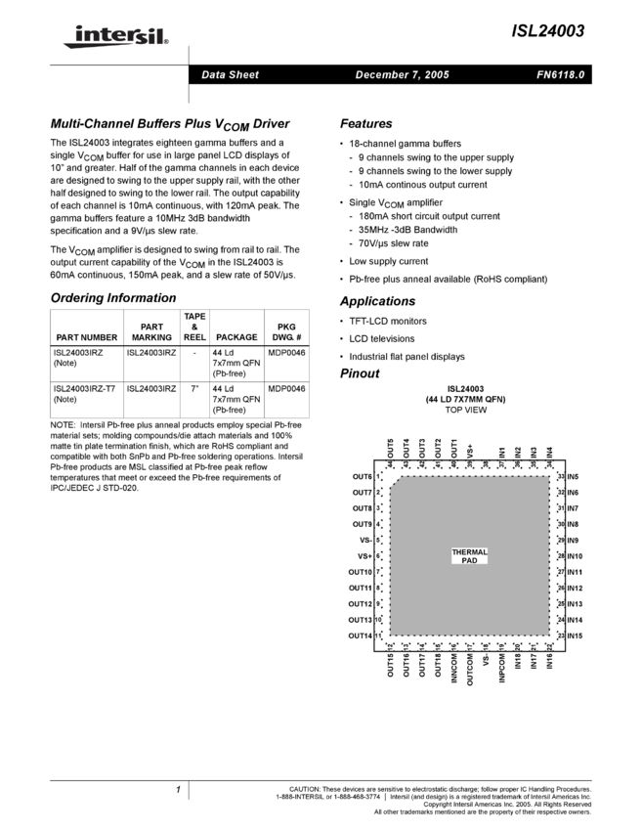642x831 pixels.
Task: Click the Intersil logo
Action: tap(112, 37)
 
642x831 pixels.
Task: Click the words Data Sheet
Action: tap(230, 75)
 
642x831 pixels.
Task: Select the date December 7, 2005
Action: tap(402, 75)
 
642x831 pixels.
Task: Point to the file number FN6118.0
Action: tap(560, 75)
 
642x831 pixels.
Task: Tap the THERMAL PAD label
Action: tap(469, 556)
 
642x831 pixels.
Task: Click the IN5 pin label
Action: tap(574, 477)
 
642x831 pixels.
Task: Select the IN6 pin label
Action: tap(574, 493)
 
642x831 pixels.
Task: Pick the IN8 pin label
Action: tap(574, 525)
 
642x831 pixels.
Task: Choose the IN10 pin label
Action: tap(576, 556)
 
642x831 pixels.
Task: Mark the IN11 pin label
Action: tap(576, 573)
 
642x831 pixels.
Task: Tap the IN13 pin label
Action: tap(576, 604)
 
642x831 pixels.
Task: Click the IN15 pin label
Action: tap(576, 636)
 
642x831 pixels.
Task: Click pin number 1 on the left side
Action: tap(378, 476)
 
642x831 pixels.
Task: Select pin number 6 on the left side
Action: tap(378, 556)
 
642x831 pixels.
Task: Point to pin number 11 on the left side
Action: tap(378, 635)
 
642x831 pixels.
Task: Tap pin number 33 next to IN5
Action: tap(561, 477)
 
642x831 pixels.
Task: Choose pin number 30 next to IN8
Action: tap(561, 525)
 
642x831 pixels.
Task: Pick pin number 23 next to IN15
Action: tap(561, 636)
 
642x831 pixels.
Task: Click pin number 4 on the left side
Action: tap(378, 524)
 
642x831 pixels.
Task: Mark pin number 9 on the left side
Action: tap(378, 604)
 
